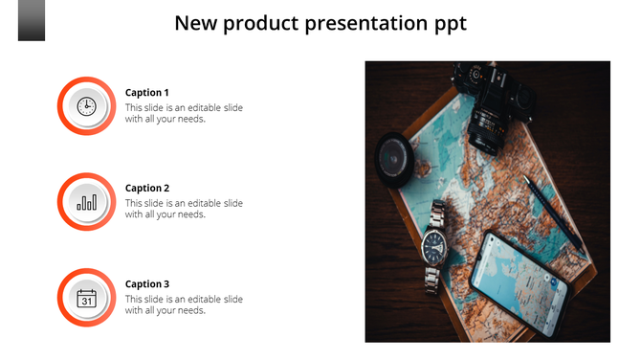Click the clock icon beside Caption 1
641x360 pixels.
point(86,106)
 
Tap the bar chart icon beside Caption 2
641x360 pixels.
point(86,202)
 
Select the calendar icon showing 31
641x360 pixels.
point(86,298)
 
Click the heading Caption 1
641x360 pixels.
point(147,93)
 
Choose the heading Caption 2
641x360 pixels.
point(147,189)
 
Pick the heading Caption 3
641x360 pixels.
point(147,284)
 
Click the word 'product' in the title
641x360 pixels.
point(261,23)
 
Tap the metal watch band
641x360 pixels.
point(431,279)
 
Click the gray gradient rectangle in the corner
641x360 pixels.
point(31,20)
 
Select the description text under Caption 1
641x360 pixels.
point(184,113)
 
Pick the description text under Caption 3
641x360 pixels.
point(184,304)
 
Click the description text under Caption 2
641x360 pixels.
point(184,209)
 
